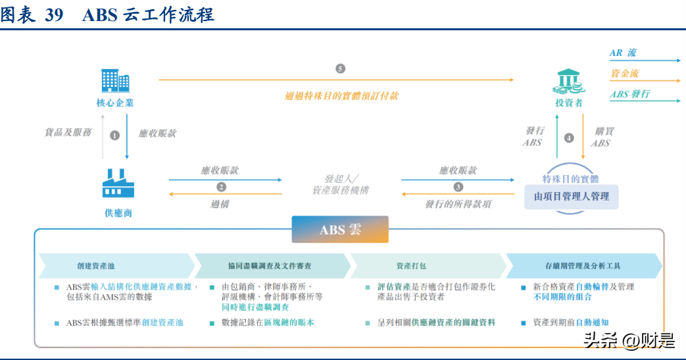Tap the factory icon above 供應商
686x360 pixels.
tap(118, 183)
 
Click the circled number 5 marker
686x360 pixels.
tap(340, 68)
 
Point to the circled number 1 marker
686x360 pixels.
tap(115, 135)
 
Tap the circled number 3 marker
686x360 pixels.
tap(458, 187)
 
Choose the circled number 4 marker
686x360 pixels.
tap(569, 138)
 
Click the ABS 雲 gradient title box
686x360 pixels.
tap(340, 230)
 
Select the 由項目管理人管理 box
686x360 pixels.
tap(571, 196)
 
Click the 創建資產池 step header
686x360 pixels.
tap(96, 266)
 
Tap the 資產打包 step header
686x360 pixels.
tap(411, 266)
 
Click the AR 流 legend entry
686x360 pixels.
tap(623, 53)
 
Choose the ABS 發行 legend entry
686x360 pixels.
tap(629, 94)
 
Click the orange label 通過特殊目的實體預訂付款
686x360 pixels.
tap(341, 95)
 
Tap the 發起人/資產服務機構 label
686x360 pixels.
tap(340, 184)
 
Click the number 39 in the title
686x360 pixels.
tap(54, 14)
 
